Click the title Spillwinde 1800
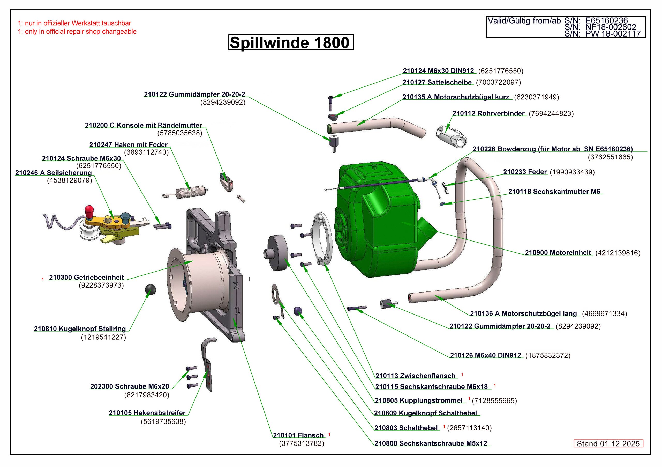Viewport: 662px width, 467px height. [291, 43]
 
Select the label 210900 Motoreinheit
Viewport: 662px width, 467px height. [558, 253]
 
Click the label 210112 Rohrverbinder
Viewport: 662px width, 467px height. [488, 113]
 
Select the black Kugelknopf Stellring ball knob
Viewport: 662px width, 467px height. [150, 289]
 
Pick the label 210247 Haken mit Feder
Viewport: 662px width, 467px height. [128, 145]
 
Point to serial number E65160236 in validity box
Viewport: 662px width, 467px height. [606, 20]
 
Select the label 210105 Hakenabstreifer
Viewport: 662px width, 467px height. [147, 413]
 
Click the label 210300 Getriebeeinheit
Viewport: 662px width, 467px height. [86, 277]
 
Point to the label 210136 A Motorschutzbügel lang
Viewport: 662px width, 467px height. [523, 313]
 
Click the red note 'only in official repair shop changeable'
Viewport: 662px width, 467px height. [77, 32]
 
